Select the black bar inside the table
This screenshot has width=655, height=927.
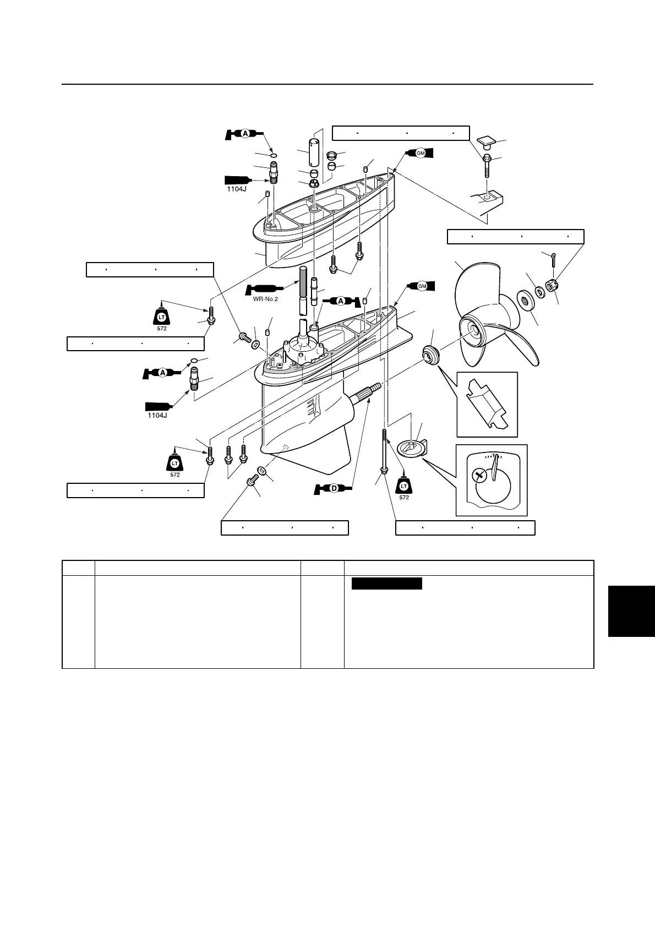click(x=386, y=584)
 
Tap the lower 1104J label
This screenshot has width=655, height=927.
click(x=157, y=415)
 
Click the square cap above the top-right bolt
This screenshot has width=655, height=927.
click(x=487, y=143)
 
